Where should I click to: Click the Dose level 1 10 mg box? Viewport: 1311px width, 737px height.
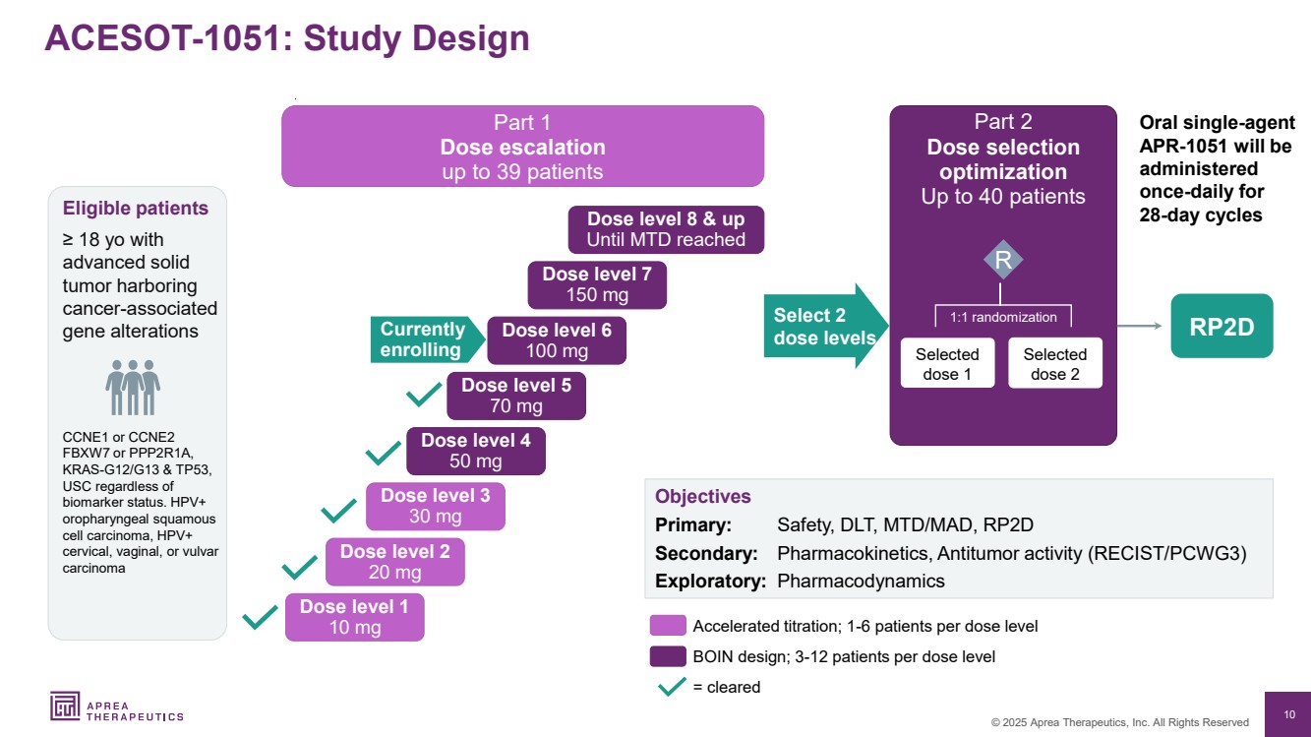coord(354,617)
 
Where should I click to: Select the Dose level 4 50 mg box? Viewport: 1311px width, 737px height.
coord(475,451)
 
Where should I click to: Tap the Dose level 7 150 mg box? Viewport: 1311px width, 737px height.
coord(597,284)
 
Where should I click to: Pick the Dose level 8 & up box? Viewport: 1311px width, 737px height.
coord(666,229)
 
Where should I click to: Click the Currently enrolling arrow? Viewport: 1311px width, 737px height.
coord(427,339)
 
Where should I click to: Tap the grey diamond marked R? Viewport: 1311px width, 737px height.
coord(1003,261)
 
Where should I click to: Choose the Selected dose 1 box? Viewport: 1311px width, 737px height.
coord(947,364)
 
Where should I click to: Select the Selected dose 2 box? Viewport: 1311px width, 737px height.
coord(1054,364)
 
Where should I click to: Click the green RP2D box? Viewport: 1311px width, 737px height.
coord(1222,326)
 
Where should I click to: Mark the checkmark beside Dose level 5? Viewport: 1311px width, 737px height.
coord(423,396)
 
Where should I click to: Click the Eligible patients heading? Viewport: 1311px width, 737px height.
coord(136,209)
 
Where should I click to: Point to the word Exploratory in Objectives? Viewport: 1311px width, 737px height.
coord(710,581)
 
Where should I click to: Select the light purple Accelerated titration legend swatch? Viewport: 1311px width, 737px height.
coord(667,626)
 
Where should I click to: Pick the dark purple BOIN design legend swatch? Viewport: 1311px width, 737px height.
coord(667,656)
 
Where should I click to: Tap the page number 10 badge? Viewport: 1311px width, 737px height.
coord(1288,714)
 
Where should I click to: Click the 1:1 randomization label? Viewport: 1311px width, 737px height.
coord(1003,317)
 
